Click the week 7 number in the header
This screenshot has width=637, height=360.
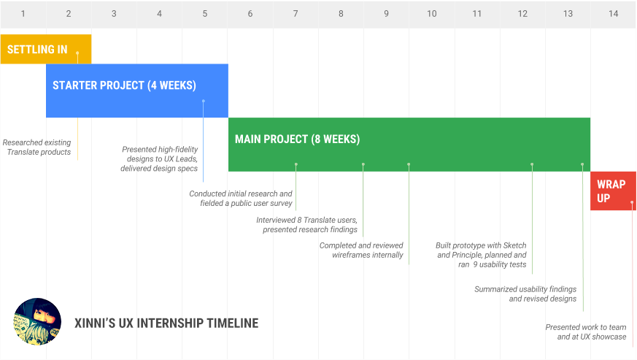(296, 14)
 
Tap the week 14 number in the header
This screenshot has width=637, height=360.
(613, 14)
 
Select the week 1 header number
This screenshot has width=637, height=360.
(23, 14)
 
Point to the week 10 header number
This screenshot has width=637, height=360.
(431, 14)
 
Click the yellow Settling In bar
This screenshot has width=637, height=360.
(46, 49)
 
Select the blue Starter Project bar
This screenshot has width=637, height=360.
(137, 91)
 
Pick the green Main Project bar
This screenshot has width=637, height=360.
(409, 145)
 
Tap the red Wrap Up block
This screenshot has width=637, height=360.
(613, 191)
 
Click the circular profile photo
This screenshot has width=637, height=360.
(37, 322)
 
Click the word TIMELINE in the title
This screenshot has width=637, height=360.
(232, 323)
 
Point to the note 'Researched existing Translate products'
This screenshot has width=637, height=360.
(37, 148)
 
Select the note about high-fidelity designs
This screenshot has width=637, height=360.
(159, 159)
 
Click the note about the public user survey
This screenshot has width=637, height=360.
(241, 199)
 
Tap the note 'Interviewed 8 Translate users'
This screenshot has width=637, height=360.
(306, 224)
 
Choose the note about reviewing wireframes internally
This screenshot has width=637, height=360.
(361, 250)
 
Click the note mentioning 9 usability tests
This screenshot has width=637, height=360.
(481, 255)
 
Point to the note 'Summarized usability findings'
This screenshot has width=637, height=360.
(525, 294)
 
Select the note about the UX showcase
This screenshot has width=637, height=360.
(586, 332)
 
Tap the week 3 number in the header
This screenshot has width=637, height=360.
(114, 14)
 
